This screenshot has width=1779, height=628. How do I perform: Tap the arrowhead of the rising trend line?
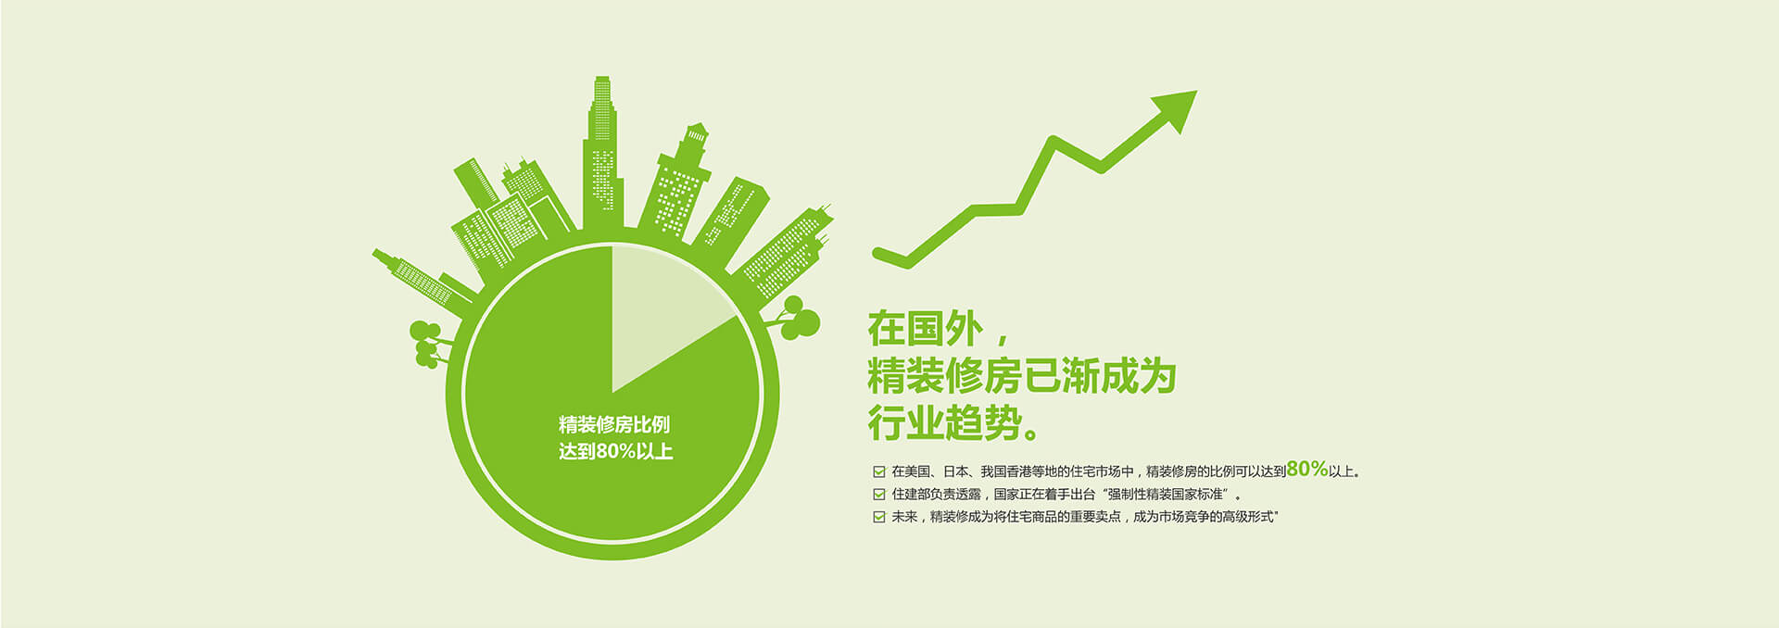[x=1174, y=109]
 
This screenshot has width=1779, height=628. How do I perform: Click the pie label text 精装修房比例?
[x=614, y=425]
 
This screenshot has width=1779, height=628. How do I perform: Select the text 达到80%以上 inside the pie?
[x=616, y=452]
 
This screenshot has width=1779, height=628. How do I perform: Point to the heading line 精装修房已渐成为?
[x=1022, y=376]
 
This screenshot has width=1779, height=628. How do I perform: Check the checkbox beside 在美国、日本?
[x=878, y=471]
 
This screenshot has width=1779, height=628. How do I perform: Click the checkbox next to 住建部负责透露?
[x=878, y=495]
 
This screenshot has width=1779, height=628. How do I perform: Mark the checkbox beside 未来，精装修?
[x=878, y=517]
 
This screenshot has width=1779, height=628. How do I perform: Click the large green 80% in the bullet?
[x=1307, y=469]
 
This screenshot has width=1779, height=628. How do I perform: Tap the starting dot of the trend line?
[x=878, y=252]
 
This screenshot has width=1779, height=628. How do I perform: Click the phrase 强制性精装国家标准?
[x=1166, y=495]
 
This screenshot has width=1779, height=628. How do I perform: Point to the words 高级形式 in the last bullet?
[x=1247, y=517]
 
